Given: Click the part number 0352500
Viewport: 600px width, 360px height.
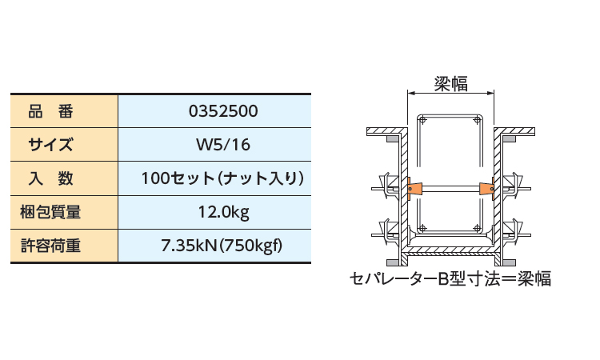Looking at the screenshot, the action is [223, 111].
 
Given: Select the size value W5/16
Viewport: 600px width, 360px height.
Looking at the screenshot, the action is [223, 145].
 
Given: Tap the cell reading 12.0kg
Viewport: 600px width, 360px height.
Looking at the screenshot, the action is [223, 212].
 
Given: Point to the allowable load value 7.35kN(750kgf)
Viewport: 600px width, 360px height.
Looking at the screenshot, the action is [222, 246].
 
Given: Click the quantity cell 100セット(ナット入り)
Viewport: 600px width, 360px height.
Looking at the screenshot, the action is [222, 178].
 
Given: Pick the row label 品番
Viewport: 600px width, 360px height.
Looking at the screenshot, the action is [50, 111].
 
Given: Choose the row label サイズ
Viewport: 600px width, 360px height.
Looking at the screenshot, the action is [50, 145].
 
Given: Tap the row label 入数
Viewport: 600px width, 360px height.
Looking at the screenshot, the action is [50, 178].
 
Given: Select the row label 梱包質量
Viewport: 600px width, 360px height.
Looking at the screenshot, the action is [50, 212].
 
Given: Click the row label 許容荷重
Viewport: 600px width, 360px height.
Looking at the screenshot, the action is [50, 246].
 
